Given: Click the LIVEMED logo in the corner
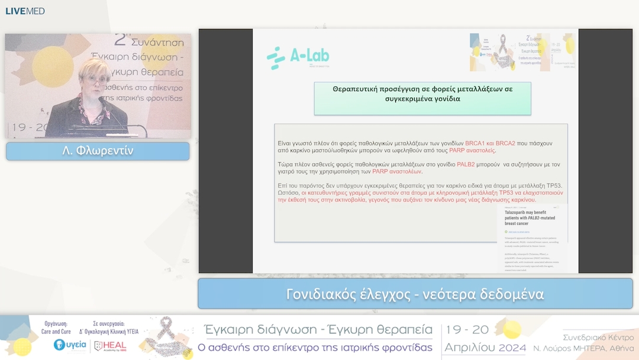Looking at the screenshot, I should coord(25,11).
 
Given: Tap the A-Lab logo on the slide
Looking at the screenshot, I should coord(298,58).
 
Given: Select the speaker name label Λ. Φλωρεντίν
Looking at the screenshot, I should coord(98,151).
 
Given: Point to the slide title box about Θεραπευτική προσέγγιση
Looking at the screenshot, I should coord(422,94).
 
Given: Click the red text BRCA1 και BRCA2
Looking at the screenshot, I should coord(490,143).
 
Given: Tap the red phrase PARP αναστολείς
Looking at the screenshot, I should coord(472,150).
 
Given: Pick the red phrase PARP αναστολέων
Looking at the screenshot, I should coord(397,171).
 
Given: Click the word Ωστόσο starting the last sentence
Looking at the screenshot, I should coord(288,193).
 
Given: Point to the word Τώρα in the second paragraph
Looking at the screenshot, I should coord(286,164).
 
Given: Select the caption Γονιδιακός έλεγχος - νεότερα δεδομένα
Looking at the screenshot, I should coord(415,294).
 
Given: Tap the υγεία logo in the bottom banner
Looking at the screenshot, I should coord(70,345).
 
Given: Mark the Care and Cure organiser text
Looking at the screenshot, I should coord(57,332).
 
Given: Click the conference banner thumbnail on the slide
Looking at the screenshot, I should coord(522,52).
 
